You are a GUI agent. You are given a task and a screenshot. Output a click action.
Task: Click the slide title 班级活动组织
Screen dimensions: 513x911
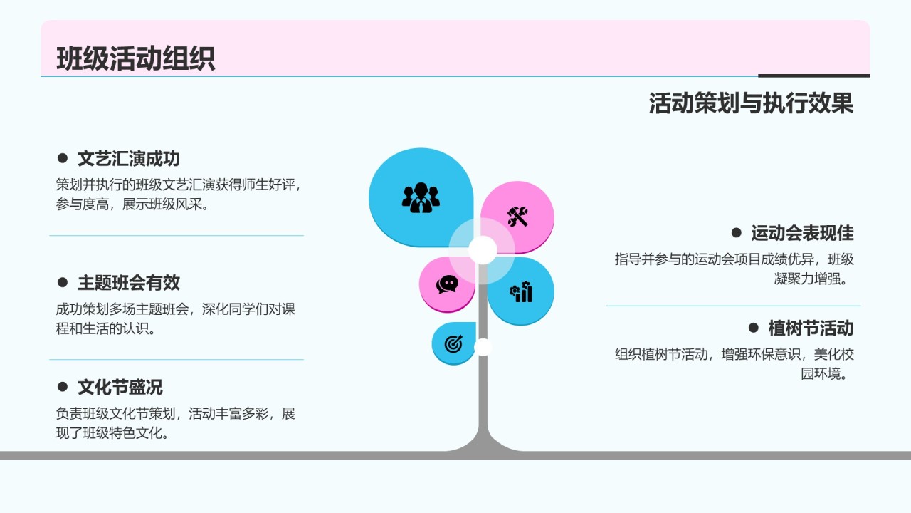tap(135, 58)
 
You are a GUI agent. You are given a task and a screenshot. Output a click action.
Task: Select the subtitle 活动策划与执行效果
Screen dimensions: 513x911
tap(751, 103)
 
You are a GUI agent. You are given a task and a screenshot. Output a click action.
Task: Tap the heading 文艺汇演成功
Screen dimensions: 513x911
tap(128, 159)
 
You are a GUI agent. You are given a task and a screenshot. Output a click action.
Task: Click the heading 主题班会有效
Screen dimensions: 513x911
tap(128, 283)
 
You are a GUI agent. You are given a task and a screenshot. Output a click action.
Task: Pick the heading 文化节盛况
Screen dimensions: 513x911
tap(120, 387)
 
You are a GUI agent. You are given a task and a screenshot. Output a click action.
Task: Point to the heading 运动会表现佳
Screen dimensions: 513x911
tap(802, 233)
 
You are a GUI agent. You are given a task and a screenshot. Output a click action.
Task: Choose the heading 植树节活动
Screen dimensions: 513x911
tap(811, 328)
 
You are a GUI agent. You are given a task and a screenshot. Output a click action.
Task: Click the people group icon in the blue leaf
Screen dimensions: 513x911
tap(421, 197)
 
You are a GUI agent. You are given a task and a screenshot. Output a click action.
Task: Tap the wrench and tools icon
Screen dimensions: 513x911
tap(517, 217)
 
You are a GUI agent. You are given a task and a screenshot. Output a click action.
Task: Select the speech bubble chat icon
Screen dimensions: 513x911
tap(447, 284)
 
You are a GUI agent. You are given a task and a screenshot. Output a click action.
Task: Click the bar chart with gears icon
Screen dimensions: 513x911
tap(521, 291)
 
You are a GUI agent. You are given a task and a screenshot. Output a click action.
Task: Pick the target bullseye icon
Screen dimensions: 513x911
tap(453, 344)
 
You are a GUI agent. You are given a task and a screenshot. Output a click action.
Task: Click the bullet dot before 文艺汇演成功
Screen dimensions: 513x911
tap(63, 158)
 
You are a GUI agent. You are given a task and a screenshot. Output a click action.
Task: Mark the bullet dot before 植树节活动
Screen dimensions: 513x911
tap(754, 328)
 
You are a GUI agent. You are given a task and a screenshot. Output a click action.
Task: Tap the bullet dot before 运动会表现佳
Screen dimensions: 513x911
tap(737, 232)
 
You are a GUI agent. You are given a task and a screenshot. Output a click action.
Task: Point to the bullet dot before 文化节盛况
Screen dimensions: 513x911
tap(63, 387)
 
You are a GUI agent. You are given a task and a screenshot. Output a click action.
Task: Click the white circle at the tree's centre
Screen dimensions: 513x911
tap(483, 250)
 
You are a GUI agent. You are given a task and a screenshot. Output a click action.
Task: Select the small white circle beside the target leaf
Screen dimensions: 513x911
tap(483, 347)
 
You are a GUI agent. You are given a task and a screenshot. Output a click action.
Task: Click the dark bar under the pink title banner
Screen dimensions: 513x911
tap(813, 76)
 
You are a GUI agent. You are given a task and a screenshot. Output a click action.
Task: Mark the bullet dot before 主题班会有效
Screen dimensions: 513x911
tap(63, 283)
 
